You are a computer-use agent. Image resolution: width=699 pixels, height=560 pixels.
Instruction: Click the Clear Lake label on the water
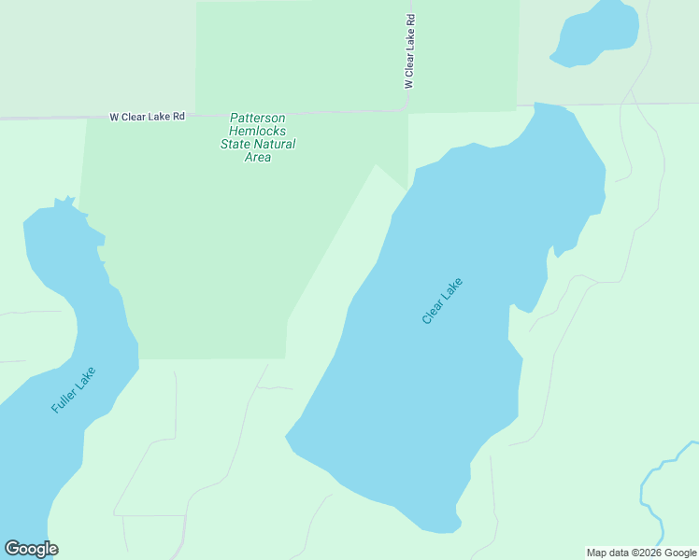(x=442, y=301)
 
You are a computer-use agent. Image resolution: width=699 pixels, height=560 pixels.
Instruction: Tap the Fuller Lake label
(x=74, y=390)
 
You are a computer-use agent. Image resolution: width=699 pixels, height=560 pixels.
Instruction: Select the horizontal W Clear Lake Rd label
(x=148, y=117)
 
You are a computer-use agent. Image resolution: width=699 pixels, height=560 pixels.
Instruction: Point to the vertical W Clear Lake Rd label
(x=409, y=51)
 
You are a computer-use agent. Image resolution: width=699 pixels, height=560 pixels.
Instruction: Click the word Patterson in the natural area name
(x=258, y=118)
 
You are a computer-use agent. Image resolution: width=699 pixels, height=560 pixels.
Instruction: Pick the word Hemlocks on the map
(x=258, y=131)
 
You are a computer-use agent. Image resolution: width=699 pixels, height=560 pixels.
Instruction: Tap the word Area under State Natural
(x=258, y=157)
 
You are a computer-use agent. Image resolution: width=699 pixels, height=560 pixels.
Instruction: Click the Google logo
(x=31, y=549)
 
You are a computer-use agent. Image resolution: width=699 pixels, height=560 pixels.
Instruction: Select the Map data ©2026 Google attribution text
(x=641, y=553)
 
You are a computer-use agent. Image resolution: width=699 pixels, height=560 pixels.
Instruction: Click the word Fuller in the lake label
(x=64, y=401)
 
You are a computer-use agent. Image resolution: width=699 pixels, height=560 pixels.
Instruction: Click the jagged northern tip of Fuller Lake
(x=64, y=203)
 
